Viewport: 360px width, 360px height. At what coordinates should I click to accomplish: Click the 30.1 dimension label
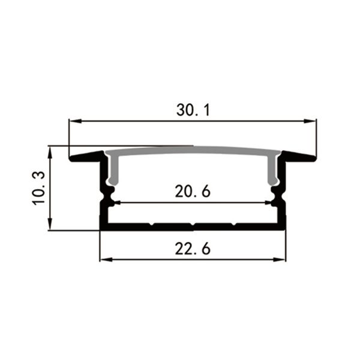tap(193, 110)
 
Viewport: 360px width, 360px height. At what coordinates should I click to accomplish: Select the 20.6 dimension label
tap(193, 191)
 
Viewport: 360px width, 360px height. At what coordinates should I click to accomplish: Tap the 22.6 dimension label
tap(193, 249)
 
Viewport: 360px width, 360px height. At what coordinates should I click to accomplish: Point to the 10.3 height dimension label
tap(38, 188)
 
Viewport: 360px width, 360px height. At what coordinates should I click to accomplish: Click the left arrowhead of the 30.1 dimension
tap(76, 121)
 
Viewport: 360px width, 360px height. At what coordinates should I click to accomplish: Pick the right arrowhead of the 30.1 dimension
tap(310, 121)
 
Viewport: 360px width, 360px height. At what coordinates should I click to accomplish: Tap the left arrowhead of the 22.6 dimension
tap(106, 260)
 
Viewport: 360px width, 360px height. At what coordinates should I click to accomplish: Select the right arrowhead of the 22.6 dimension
tap(280, 260)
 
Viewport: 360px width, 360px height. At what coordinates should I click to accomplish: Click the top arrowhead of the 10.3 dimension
tap(50, 152)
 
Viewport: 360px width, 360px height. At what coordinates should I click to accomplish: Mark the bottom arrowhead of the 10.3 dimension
tap(50, 224)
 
